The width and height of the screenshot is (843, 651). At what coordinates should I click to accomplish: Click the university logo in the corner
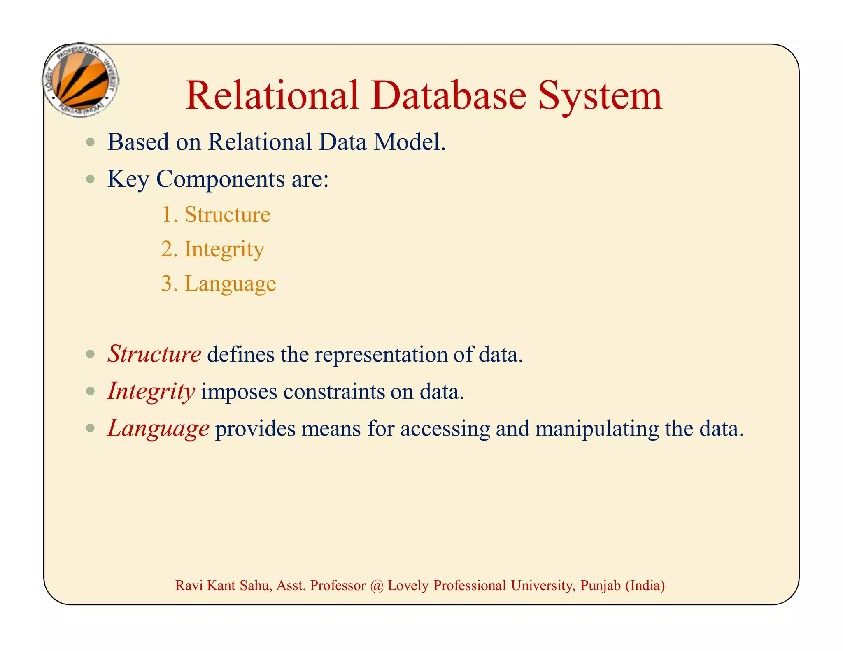81,80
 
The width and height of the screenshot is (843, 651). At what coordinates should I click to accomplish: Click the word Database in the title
449,95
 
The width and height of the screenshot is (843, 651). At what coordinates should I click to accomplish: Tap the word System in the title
600,96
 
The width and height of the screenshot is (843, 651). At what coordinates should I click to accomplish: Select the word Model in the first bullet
409,142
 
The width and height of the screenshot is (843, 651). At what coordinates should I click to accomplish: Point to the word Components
220,179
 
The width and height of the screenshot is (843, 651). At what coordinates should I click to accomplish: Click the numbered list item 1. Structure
216,214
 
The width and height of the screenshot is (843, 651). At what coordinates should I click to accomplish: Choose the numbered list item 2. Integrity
213,249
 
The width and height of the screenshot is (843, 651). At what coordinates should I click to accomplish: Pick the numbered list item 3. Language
219,284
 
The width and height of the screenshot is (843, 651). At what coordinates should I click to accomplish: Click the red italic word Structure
154,354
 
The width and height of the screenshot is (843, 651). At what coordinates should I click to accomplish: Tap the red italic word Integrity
151,391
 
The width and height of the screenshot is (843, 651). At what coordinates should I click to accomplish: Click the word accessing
445,429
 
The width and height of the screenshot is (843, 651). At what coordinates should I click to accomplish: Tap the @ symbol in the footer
376,586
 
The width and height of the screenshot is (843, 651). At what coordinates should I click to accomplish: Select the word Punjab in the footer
600,586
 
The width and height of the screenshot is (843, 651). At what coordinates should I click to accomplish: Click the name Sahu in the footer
256,586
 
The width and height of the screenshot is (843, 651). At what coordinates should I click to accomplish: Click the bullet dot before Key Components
91,179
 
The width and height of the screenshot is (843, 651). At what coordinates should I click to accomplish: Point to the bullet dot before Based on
91,142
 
